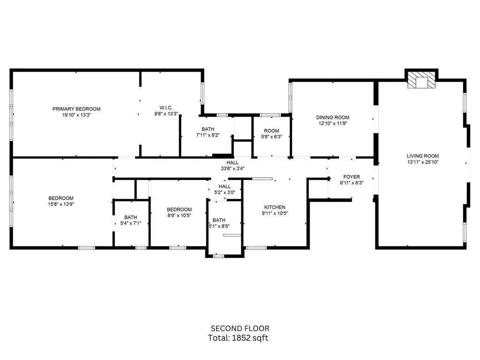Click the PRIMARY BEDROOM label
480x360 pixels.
[x=76, y=109]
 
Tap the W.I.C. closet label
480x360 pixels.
[x=166, y=108]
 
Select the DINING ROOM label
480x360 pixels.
[x=333, y=117]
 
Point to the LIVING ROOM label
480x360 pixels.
[x=423, y=156]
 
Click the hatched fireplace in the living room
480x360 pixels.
[x=421, y=80]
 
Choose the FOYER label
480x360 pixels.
[x=352, y=177]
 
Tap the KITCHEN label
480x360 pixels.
[x=275, y=207]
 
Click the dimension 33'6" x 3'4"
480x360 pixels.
[x=232, y=168]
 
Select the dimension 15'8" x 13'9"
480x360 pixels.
[x=61, y=204]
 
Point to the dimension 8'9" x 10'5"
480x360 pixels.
[x=180, y=216]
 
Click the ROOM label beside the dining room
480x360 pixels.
[x=271, y=131]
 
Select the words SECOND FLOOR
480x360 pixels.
[x=240, y=329]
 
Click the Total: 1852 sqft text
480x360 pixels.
[x=238, y=338]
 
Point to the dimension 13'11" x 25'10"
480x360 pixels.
[x=423, y=162]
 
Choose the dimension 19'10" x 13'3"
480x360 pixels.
[x=76, y=115]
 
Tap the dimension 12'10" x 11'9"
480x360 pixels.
[x=333, y=124]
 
